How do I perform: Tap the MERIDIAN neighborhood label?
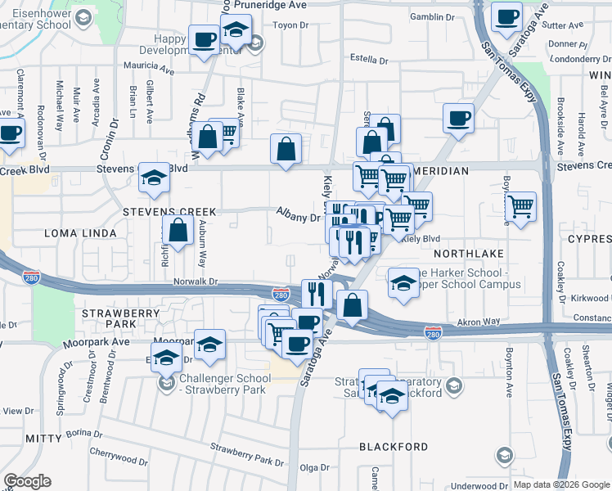tap(442, 171)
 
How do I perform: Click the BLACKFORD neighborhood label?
tap(394, 447)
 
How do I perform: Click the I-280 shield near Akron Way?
tap(434, 332)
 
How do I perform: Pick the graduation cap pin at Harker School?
tap(403, 282)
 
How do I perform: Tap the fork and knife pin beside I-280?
tap(317, 293)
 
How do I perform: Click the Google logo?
tap(27, 481)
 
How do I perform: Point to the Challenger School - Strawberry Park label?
tap(224, 384)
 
